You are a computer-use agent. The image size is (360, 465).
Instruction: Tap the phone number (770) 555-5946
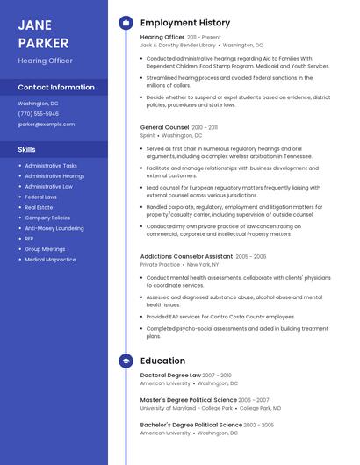pyautogui.click(x=39, y=113)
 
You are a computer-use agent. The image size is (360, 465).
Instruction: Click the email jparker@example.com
pyautogui.click(x=47, y=125)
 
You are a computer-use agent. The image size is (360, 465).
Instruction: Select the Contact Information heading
pyautogui.click(x=56, y=88)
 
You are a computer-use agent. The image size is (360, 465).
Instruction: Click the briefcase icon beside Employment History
pyautogui.click(x=126, y=22)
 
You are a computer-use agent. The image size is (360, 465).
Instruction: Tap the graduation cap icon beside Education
pyautogui.click(x=126, y=361)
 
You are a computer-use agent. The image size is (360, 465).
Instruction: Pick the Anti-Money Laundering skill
pyautogui.click(x=54, y=228)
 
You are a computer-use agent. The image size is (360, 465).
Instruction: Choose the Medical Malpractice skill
pyautogui.click(x=50, y=260)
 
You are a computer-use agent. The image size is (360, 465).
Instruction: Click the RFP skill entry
pyautogui.click(x=30, y=239)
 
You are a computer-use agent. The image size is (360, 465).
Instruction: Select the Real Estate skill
pyautogui.click(x=39, y=207)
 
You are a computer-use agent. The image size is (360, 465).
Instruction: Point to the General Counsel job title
pyautogui.click(x=164, y=127)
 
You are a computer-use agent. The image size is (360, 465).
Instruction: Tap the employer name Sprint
pyautogui.click(x=148, y=136)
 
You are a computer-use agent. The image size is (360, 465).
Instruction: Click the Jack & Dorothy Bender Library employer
pyautogui.click(x=177, y=45)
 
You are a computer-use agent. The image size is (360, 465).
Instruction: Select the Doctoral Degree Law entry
pyautogui.click(x=170, y=375)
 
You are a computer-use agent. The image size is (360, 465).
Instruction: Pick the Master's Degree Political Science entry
pyautogui.click(x=189, y=399)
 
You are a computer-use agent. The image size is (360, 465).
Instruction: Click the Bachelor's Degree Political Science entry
pyautogui.click(x=191, y=425)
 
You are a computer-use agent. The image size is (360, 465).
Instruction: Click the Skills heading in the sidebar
pyautogui.click(x=27, y=149)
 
